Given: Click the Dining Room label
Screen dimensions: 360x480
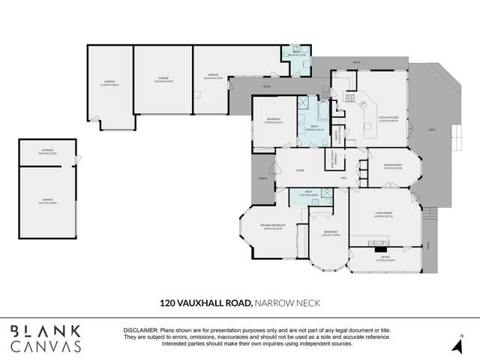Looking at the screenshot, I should pyautogui.click(x=393, y=166).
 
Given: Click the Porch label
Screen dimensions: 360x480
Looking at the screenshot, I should pyautogui.click(x=263, y=179).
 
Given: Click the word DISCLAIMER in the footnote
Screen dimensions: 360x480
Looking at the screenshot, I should pyautogui.click(x=139, y=330).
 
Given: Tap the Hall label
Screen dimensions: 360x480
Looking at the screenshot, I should pyautogui.click(x=343, y=178).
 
